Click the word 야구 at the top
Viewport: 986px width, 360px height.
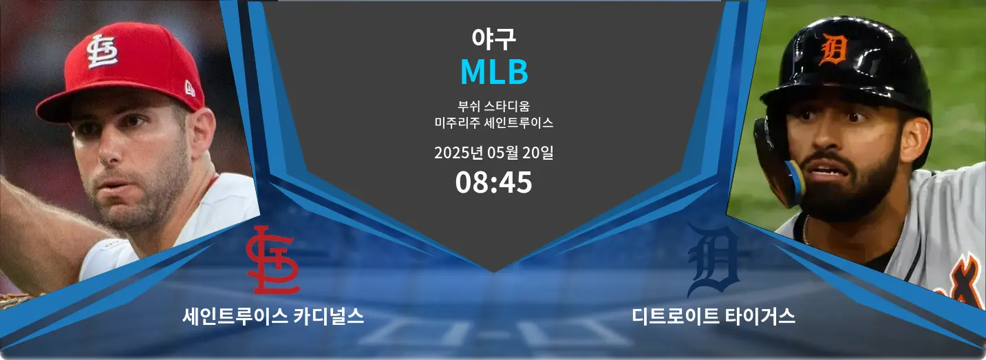point(493,39)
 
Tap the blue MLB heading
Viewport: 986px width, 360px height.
point(494,72)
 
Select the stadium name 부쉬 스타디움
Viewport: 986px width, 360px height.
point(493,106)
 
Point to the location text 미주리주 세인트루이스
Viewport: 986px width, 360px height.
point(493,123)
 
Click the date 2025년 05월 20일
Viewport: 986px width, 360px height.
point(493,153)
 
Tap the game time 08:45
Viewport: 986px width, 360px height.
point(493,182)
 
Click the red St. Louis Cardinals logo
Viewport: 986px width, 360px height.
point(272,260)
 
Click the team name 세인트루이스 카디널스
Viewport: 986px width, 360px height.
point(273,316)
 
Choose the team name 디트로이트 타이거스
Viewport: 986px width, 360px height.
point(713,316)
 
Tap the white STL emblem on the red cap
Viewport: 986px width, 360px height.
point(102,51)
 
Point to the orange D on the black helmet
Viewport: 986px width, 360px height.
point(834,49)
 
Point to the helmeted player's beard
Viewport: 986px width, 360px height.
point(847,189)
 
